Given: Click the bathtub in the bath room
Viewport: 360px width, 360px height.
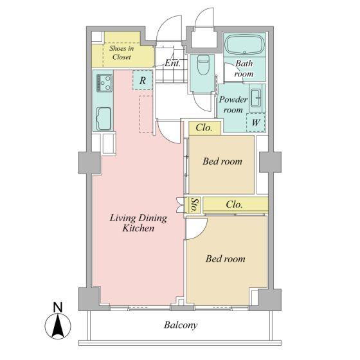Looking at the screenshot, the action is pyautogui.click(x=244, y=44).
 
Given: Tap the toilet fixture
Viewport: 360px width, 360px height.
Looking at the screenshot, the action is pyautogui.click(x=203, y=65).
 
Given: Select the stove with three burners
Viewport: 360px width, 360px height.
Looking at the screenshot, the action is pyautogui.click(x=104, y=83).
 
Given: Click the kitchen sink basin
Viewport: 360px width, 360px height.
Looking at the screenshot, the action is pyautogui.click(x=104, y=119).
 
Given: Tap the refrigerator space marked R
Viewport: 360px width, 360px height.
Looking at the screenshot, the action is pyautogui.click(x=143, y=80).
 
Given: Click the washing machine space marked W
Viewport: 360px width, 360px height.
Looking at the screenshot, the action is pyautogui.click(x=256, y=122).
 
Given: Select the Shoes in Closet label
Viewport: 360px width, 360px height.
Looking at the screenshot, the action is pyautogui.click(x=122, y=53).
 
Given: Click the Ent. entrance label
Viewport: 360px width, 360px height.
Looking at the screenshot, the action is pyautogui.click(x=172, y=63).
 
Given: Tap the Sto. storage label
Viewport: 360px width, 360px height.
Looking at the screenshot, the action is pyautogui.click(x=194, y=204).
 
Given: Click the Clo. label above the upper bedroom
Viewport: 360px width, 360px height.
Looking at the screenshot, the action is pyautogui.click(x=204, y=128).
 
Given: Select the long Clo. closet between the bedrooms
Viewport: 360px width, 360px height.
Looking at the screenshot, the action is pyautogui.click(x=235, y=204).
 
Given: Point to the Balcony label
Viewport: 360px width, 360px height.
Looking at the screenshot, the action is pyautogui.click(x=181, y=325).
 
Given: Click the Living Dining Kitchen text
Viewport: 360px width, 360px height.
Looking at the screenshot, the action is pyautogui.click(x=138, y=223).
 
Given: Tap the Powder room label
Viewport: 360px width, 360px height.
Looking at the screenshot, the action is pyautogui.click(x=233, y=104).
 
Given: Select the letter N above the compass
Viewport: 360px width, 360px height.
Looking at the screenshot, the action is pyautogui.click(x=58, y=307).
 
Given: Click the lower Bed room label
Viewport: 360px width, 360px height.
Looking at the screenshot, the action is pyautogui.click(x=225, y=258).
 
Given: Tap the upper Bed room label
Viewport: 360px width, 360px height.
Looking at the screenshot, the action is pyautogui.click(x=222, y=161).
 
